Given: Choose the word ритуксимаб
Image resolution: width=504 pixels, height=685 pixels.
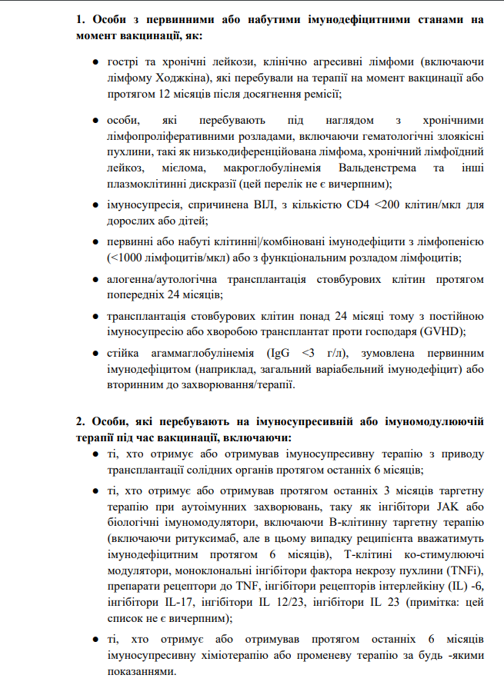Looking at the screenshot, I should click(201, 540).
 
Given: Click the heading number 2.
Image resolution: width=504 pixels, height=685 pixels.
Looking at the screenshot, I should click(80, 421).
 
